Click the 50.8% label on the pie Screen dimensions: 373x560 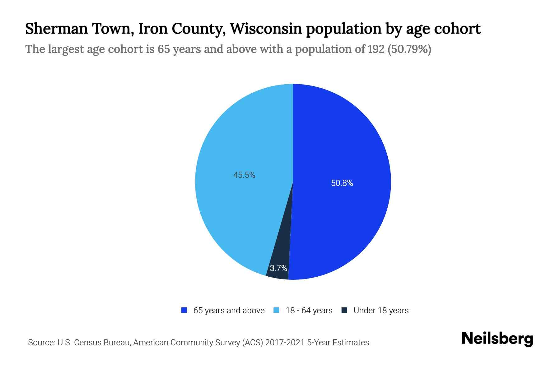pyautogui.click(x=342, y=183)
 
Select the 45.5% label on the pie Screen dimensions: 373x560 pyautogui.click(x=244, y=175)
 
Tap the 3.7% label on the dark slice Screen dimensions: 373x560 pyautogui.click(x=278, y=268)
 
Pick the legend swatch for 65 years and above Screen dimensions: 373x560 pyautogui.click(x=184, y=310)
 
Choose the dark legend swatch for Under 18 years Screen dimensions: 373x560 pyautogui.click(x=344, y=310)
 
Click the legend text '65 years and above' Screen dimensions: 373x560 pyautogui.click(x=229, y=311)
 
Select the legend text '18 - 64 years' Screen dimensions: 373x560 pyautogui.click(x=309, y=311)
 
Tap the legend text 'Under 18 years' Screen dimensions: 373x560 pyautogui.click(x=381, y=311)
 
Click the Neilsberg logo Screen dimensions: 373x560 pyautogui.click(x=497, y=339)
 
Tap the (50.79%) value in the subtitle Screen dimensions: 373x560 pyautogui.click(x=409, y=49)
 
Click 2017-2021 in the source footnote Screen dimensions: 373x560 pyautogui.click(x=285, y=343)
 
